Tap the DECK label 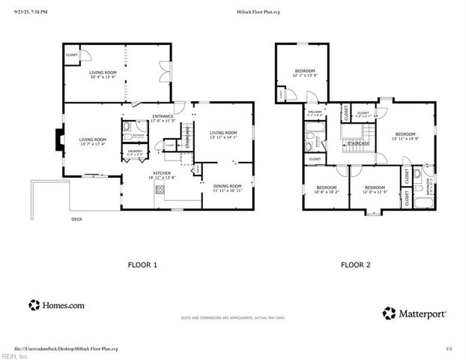[76, 219]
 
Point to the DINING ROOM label [227, 185]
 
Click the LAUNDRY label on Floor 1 [135, 151]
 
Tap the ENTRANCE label [163, 115]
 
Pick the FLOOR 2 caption [355, 264]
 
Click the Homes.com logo [57, 305]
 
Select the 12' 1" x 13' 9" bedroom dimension [304, 75]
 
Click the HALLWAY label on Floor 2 [315, 112]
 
